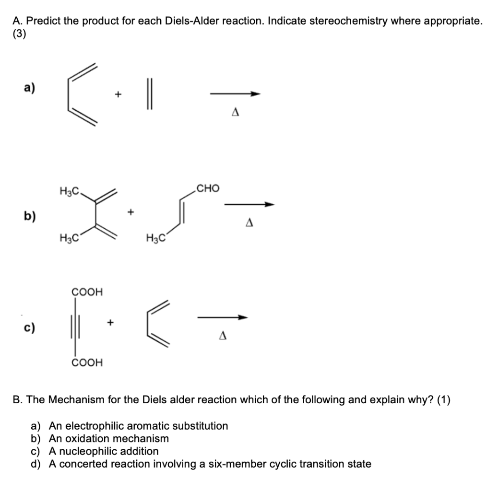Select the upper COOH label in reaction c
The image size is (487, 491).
pyautogui.click(x=86, y=292)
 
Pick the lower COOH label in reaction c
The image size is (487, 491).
pyautogui.click(x=86, y=362)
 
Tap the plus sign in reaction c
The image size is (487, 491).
pyautogui.click(x=111, y=323)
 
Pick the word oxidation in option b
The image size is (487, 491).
pyautogui.click(x=91, y=438)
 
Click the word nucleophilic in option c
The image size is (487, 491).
pyautogui.click(x=84, y=451)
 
